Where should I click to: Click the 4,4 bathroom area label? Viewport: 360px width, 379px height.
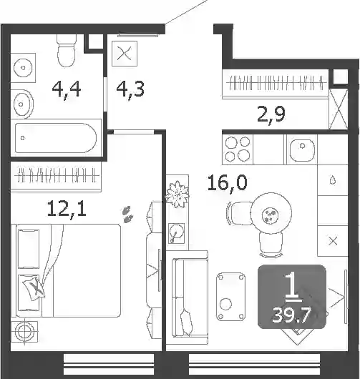67,89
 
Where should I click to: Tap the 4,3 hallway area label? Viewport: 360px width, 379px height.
130,89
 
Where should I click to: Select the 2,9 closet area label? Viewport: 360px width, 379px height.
271,114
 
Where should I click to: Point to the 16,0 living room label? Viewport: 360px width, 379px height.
228,184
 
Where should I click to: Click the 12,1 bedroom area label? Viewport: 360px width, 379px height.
67,209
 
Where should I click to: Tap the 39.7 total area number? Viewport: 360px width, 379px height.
291,315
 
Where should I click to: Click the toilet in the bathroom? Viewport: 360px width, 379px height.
66,50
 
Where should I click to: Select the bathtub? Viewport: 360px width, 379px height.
56,138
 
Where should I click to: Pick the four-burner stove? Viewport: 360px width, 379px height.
238,149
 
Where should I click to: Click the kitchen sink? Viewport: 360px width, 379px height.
302,150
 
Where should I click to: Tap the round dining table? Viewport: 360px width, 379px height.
271,213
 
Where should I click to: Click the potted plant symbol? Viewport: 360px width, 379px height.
177,195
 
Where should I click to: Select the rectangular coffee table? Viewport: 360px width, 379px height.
230,297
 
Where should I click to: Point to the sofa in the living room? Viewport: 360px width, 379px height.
190,297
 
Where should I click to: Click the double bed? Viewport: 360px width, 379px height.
68,270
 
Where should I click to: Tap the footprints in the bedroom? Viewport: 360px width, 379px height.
128,214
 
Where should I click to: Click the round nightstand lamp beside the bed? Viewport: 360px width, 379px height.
24,331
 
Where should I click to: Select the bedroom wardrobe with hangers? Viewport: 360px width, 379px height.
56,177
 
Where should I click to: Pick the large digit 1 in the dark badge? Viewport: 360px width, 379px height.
293,287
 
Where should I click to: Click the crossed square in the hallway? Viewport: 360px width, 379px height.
125,54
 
